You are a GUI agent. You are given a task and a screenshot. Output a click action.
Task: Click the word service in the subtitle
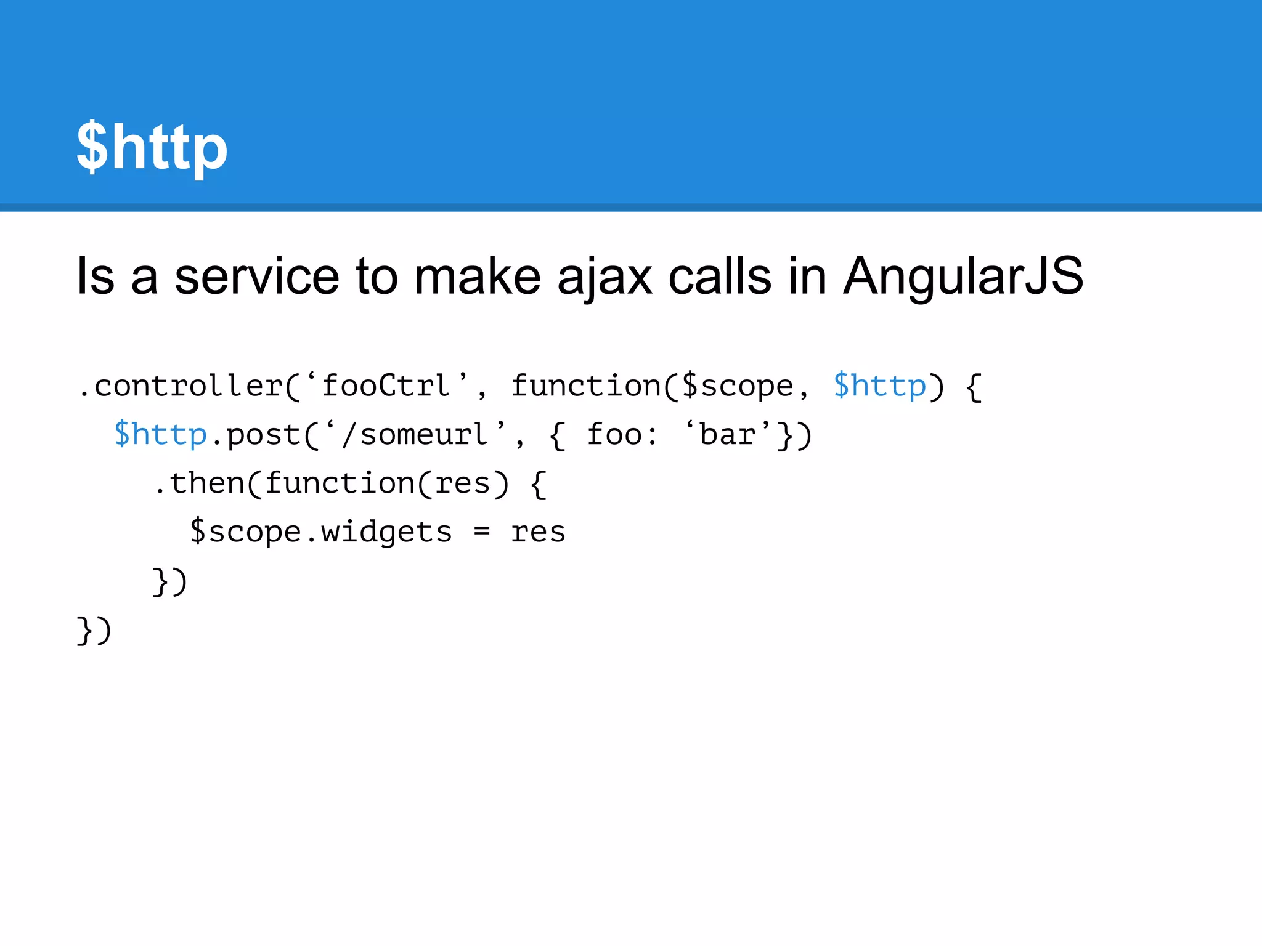(256, 276)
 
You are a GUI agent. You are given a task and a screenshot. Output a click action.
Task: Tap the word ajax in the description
(604, 277)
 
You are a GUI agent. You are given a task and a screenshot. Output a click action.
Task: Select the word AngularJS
(963, 276)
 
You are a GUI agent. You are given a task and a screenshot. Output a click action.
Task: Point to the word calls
(720, 276)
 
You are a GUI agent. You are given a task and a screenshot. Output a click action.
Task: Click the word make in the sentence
(477, 276)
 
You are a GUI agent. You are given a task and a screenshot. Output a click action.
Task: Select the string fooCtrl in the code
(386, 386)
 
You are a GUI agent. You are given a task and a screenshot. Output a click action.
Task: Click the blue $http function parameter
(879, 386)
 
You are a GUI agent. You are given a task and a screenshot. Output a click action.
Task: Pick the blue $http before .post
(160, 435)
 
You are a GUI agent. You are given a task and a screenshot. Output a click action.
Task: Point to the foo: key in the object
(621, 435)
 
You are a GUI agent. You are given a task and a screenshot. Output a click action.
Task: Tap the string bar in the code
(728, 435)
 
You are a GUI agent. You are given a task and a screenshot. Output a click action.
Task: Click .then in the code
(198, 483)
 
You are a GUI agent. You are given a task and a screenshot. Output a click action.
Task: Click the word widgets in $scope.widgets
(386, 532)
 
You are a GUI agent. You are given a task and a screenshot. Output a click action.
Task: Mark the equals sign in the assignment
(481, 532)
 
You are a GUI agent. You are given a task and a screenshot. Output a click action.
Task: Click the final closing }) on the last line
(94, 629)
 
